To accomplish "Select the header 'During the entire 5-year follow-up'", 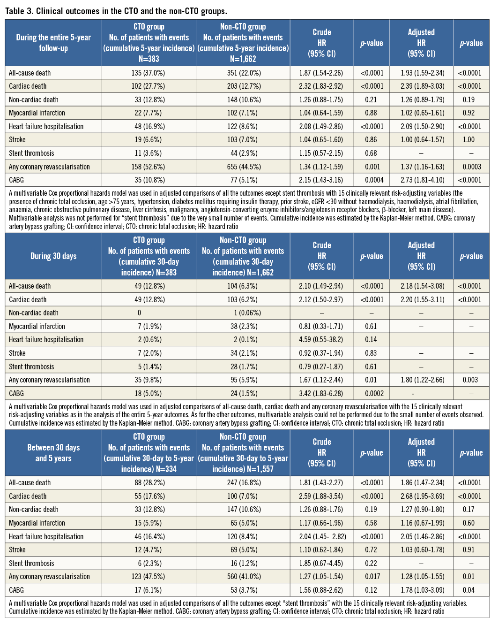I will [x=53, y=43].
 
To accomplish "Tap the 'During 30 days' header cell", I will [x=53, y=256].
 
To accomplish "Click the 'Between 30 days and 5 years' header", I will [x=53, y=453].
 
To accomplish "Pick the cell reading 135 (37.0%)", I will [x=149, y=73].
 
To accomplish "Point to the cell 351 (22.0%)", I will [x=243, y=73].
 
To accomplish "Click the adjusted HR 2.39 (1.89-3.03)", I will [x=421, y=86].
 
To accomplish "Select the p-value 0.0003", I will [x=471, y=167].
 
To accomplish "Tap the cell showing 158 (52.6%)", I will [x=149, y=167].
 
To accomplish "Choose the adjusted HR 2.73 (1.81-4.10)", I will [x=421, y=180].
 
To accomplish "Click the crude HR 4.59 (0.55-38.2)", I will [x=321, y=340].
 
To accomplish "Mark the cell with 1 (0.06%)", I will [x=243, y=313].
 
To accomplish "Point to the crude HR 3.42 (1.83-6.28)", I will [x=321, y=394].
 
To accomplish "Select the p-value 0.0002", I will [x=372, y=394].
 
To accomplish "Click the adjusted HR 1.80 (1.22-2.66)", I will [x=421, y=380].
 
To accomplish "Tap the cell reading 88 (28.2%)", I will [x=149, y=483].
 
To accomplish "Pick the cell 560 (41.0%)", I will [x=243, y=577].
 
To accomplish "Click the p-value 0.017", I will [x=372, y=577].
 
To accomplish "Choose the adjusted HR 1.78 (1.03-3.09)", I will [x=421, y=590].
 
